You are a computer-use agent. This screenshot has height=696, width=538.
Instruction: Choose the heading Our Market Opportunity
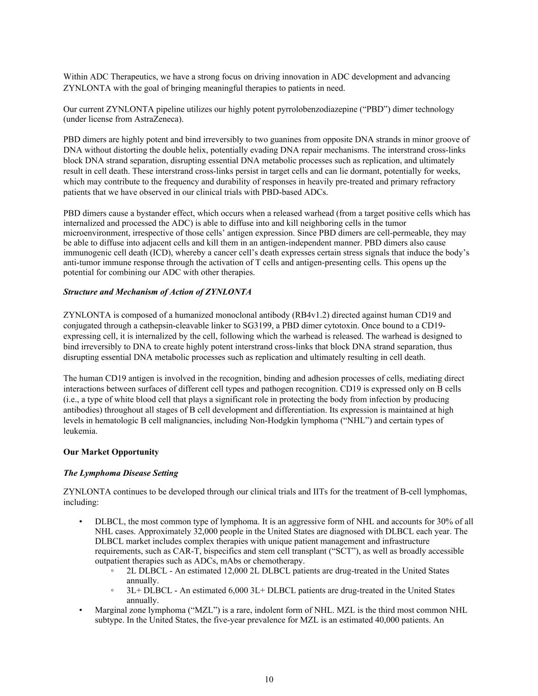(x=111, y=452)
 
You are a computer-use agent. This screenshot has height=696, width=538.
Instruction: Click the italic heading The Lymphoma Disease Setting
(x=120, y=473)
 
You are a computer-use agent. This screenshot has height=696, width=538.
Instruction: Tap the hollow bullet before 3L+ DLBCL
(x=112, y=590)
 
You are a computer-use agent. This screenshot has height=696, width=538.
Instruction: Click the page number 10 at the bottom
(x=269, y=679)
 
